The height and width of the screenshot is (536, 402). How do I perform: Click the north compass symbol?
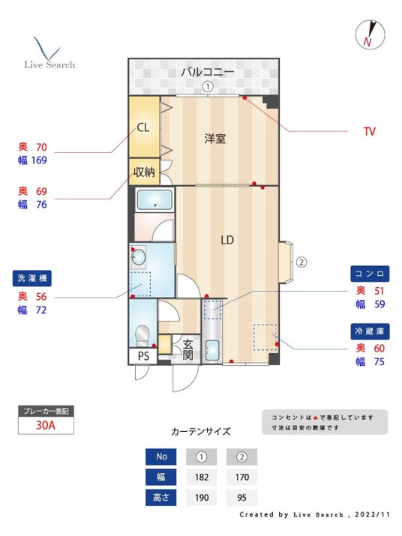point(370,34)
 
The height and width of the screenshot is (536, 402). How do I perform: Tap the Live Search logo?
point(49,53)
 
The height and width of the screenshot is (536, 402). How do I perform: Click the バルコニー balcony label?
point(207,72)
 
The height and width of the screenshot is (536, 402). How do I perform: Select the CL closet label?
point(143,127)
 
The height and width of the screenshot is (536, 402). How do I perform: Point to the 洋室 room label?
point(214,139)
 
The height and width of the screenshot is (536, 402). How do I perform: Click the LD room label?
point(227,240)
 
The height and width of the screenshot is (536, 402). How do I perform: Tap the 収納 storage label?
point(144,172)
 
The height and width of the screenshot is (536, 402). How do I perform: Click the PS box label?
point(143,356)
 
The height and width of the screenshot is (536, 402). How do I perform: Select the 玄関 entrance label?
point(187,349)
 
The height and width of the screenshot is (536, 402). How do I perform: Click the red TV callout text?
point(370,132)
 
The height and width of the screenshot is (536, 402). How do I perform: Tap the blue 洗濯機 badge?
point(32,278)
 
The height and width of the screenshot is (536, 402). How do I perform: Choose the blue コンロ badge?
point(370,274)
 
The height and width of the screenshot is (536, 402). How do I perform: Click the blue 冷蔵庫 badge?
point(370,331)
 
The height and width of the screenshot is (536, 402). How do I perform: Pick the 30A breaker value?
point(46,425)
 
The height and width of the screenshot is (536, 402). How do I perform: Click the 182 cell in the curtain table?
point(202,478)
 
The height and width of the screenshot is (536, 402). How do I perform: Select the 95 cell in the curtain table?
point(242,498)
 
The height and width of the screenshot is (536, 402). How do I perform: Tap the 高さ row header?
point(160,498)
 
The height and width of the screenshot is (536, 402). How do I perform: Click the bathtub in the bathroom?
point(154,199)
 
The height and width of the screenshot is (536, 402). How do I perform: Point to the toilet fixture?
point(142,335)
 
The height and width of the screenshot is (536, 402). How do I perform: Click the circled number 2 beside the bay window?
point(301,262)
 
